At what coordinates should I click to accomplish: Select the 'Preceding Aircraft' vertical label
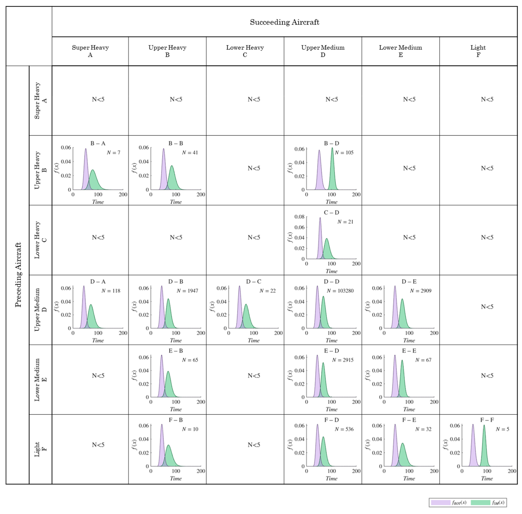point(18,275)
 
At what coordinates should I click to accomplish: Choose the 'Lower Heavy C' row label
point(41,240)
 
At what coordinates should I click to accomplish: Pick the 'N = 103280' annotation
point(340,291)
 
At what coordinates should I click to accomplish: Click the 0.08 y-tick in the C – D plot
point(299,217)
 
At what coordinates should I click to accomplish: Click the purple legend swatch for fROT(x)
point(441,502)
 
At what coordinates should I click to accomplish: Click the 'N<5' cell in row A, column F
point(487,99)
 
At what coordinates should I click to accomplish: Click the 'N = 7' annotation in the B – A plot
point(113,153)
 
